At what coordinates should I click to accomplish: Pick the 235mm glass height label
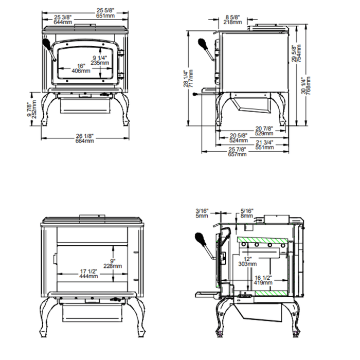click(x=99, y=63)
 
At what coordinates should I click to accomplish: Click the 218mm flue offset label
click(x=233, y=22)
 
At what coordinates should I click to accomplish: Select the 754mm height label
click(x=298, y=53)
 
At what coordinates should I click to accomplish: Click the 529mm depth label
click(x=264, y=133)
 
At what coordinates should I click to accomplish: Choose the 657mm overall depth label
click(x=238, y=154)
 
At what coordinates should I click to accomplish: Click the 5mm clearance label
click(x=202, y=216)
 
